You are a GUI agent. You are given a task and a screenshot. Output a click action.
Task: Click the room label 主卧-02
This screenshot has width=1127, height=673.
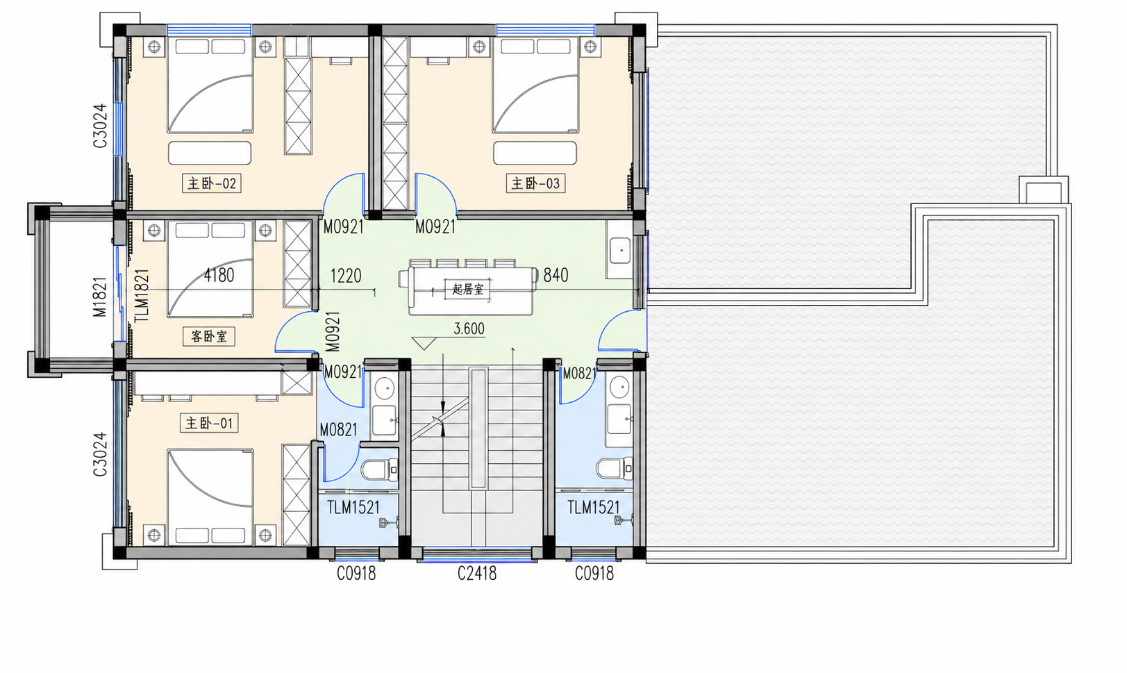click(212, 183)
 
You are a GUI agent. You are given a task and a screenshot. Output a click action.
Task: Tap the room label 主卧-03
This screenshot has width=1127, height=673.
click(536, 183)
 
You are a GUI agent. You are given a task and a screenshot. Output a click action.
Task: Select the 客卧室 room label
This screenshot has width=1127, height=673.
click(209, 336)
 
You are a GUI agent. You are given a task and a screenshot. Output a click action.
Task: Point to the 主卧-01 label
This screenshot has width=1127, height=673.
click(209, 423)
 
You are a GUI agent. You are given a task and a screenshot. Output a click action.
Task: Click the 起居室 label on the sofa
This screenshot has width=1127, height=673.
click(468, 290)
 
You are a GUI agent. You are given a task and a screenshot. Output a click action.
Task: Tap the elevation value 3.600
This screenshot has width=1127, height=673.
click(469, 329)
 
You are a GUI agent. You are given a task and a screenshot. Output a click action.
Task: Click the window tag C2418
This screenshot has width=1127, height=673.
click(477, 573)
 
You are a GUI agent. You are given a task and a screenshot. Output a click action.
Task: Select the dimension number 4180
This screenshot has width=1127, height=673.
click(219, 275)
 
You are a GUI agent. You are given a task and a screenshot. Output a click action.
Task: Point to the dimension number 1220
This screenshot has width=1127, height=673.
click(346, 276)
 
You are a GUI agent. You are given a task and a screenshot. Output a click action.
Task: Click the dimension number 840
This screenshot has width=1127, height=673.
click(556, 275)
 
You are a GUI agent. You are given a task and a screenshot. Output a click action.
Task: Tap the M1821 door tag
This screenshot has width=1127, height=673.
click(100, 297)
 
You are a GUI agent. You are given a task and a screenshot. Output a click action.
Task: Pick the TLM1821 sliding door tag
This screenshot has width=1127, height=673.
click(142, 295)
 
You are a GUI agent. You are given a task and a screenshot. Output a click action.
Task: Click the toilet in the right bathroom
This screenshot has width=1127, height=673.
click(615, 469)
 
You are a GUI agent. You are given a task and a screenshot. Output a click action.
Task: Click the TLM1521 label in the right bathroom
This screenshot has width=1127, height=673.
click(594, 508)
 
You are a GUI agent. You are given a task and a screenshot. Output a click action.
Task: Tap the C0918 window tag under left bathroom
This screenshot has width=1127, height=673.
click(356, 573)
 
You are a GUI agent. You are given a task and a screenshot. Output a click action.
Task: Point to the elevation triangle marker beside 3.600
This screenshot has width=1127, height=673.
click(424, 343)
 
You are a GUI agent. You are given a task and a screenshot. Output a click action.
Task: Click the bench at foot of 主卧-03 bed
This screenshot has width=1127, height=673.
click(535, 153)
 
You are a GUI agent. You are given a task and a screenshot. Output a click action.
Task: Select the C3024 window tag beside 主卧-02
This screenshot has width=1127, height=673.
click(100, 126)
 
